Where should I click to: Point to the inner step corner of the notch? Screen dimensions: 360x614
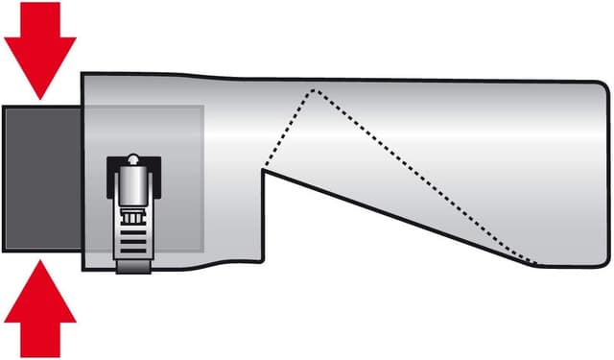(264, 170)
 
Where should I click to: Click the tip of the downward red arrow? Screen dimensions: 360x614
(39, 97)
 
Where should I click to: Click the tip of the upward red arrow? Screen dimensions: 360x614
(39, 260)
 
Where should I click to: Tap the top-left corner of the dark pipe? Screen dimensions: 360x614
(4, 108)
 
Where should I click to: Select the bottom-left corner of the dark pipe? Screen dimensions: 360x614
(4, 250)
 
